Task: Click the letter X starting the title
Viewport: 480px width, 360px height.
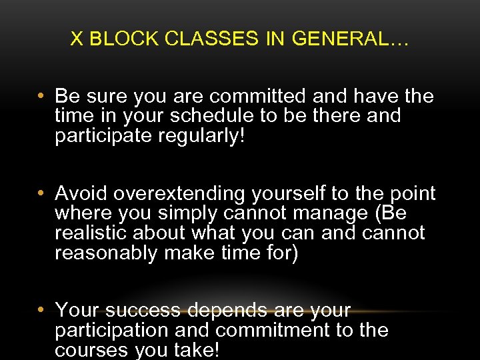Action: tap(77, 39)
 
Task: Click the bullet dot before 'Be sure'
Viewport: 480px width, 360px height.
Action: tap(41, 97)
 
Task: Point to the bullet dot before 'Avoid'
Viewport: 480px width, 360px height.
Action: tap(41, 194)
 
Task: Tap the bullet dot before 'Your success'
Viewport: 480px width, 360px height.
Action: tap(41, 311)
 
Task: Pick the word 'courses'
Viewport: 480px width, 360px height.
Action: tap(91, 349)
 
